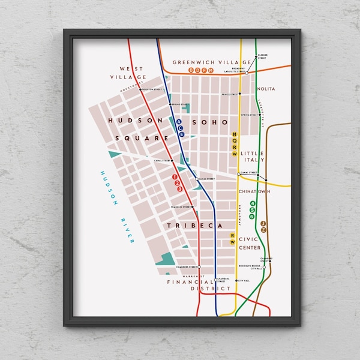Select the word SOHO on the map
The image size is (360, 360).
click(x=210, y=122)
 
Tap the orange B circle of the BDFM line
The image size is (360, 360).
click(x=191, y=70)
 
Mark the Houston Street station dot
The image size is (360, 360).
click(x=140, y=90)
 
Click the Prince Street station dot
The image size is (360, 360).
click(x=239, y=94)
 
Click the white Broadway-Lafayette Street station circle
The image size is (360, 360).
click(x=246, y=72)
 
